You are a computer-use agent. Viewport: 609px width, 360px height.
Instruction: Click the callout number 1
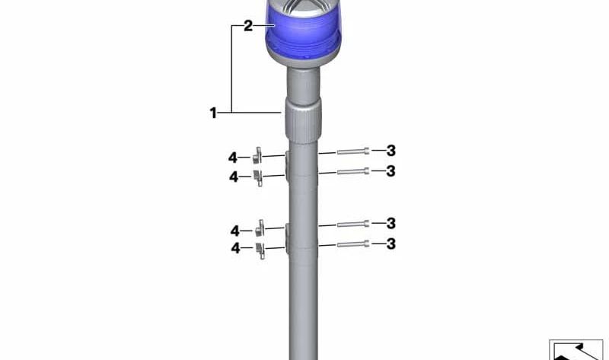[213, 113]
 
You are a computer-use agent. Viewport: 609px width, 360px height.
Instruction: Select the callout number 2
[248, 26]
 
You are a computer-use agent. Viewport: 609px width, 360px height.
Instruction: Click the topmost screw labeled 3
[352, 151]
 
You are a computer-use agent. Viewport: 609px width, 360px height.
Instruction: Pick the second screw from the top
[352, 171]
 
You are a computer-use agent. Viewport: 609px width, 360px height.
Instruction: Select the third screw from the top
[352, 224]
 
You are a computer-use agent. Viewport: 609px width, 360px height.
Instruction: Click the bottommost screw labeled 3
[352, 244]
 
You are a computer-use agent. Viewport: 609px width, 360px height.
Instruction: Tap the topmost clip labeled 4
[257, 156]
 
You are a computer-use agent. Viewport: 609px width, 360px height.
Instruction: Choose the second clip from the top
[258, 177]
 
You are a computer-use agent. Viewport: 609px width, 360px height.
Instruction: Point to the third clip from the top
[260, 228]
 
